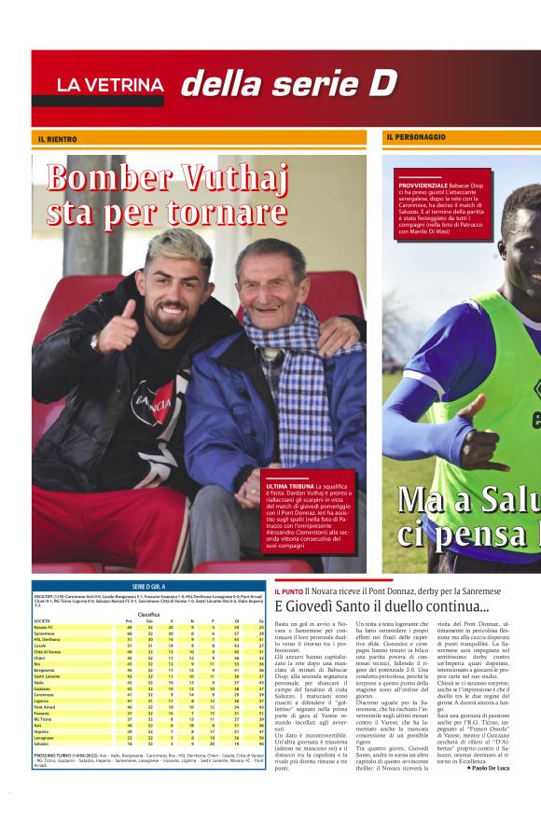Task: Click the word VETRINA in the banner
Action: (129, 85)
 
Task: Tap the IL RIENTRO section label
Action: (58, 138)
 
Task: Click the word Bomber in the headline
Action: (104, 178)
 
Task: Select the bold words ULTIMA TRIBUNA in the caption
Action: (289, 486)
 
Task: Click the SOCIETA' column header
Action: (43, 620)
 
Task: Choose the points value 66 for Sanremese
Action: (128, 633)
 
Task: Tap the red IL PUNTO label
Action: (289, 591)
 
